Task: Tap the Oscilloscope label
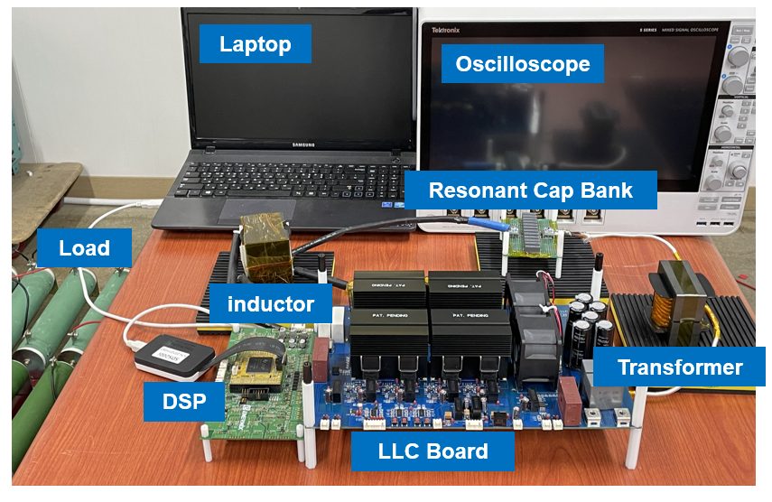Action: pyautogui.click(x=522, y=64)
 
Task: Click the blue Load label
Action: pyautogui.click(x=84, y=248)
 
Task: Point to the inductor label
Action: pyautogui.click(x=270, y=303)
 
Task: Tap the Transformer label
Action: pyautogui.click(x=679, y=367)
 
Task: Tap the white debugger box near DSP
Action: pyautogui.click(x=174, y=354)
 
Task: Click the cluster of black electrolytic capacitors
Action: pyautogui.click(x=590, y=319)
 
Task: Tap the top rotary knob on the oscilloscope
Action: pyautogui.click(x=739, y=56)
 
